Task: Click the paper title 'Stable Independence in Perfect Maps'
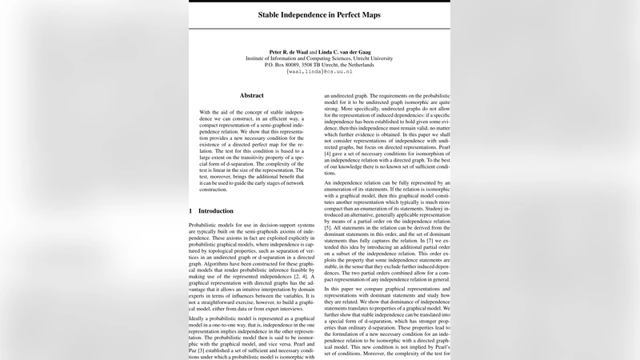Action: point(319,14)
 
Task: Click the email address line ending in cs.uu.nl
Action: point(319,71)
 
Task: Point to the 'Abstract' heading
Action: point(251,95)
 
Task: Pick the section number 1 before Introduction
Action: point(190,210)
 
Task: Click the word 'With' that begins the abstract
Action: point(207,113)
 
